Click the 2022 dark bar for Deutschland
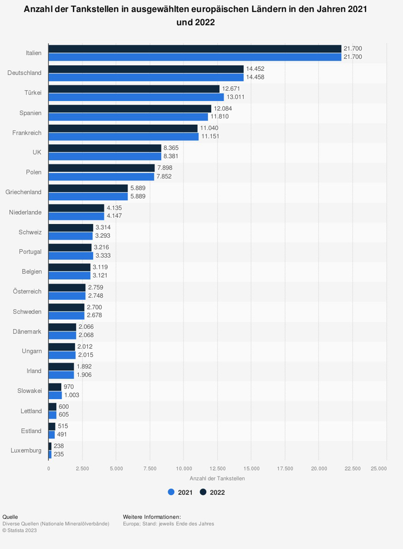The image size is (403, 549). coord(146,69)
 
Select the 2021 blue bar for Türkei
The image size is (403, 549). coord(136,97)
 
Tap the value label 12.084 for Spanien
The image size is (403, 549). coord(223,108)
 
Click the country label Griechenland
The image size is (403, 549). coord(23,192)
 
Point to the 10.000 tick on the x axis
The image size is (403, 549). coord(184,468)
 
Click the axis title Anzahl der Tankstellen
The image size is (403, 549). coord(217,479)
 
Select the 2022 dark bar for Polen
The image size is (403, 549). coord(102,168)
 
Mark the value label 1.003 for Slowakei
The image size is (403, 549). coord(72,395)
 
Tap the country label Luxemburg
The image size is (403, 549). coord(26,450)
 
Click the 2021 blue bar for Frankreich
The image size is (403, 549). coord(123,137)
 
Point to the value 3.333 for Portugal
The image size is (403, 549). coord(103,255)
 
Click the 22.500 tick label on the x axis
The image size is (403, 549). coord(353,468)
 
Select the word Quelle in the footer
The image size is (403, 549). coord(10,517)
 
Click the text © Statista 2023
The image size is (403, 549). coord(19,530)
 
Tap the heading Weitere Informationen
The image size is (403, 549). coord(152,517)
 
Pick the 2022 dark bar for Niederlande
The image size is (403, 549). coord(76,208)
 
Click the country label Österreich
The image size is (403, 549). coord(27,291)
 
